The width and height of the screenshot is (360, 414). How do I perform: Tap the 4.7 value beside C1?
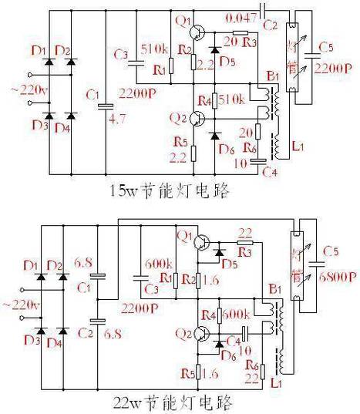pyautogui.click(x=117, y=119)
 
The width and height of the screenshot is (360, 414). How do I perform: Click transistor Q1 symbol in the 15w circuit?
pyautogui.click(x=198, y=32)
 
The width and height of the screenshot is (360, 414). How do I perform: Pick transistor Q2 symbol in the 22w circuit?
pyautogui.click(x=203, y=335)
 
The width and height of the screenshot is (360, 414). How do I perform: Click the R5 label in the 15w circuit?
pyautogui.click(x=180, y=142)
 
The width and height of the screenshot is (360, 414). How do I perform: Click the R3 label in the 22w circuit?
pyautogui.click(x=244, y=252)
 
